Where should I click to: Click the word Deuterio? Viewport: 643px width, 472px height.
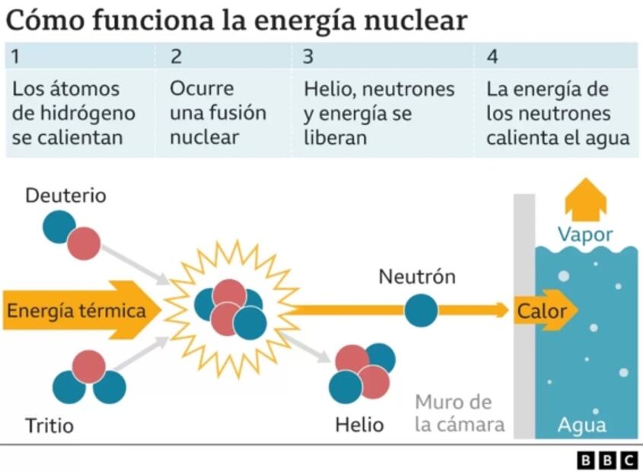coord(65,196)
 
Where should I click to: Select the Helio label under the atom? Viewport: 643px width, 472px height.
coord(359,424)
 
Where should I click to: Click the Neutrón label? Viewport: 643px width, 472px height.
coord(417,276)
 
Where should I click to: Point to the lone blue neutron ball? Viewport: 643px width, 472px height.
coord(421,310)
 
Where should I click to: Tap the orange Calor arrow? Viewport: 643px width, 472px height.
coord(543,311)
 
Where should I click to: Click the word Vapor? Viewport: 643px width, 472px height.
coord(584,234)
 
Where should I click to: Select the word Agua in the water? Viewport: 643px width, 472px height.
coord(581,425)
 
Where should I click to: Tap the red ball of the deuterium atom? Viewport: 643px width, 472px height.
coord(84,242)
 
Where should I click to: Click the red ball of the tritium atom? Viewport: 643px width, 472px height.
coord(89,366)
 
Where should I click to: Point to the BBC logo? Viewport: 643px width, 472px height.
coord(606,460)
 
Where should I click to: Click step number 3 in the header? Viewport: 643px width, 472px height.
coord(307,56)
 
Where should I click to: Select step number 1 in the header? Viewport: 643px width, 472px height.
coord(16,56)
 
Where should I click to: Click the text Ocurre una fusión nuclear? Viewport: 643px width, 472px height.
coord(218,113)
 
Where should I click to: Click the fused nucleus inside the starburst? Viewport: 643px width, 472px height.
coord(230,308)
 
